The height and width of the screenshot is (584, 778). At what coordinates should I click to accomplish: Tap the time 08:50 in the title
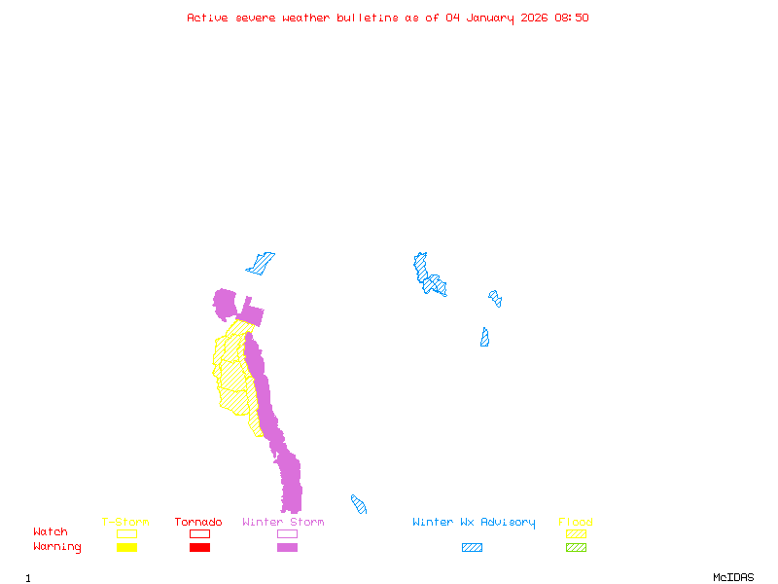571,18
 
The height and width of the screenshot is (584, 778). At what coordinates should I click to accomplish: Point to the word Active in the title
207,18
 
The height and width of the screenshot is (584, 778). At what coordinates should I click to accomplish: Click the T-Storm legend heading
125,523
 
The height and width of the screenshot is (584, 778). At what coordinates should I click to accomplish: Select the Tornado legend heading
198,523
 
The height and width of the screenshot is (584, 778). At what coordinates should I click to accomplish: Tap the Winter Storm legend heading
283,523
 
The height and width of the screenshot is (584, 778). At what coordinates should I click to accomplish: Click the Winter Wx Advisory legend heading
474,523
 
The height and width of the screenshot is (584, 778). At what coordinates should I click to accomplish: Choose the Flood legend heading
576,523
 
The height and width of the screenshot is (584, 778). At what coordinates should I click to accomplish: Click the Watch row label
51,532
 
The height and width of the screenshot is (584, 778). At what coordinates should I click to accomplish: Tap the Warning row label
57,547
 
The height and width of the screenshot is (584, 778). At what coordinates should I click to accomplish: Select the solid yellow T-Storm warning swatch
126,547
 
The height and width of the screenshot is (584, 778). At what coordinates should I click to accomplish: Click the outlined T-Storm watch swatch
126,533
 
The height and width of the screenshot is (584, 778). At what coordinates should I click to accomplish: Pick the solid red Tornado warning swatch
199,547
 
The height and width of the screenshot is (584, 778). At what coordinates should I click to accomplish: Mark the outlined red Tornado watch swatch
199,533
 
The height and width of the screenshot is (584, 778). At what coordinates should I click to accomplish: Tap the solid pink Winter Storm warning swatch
287,547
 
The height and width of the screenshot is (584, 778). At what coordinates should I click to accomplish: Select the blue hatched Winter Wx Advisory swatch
472,547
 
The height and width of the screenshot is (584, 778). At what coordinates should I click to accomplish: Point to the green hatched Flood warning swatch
576,547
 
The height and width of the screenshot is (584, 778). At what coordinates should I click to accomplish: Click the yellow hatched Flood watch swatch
576,533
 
